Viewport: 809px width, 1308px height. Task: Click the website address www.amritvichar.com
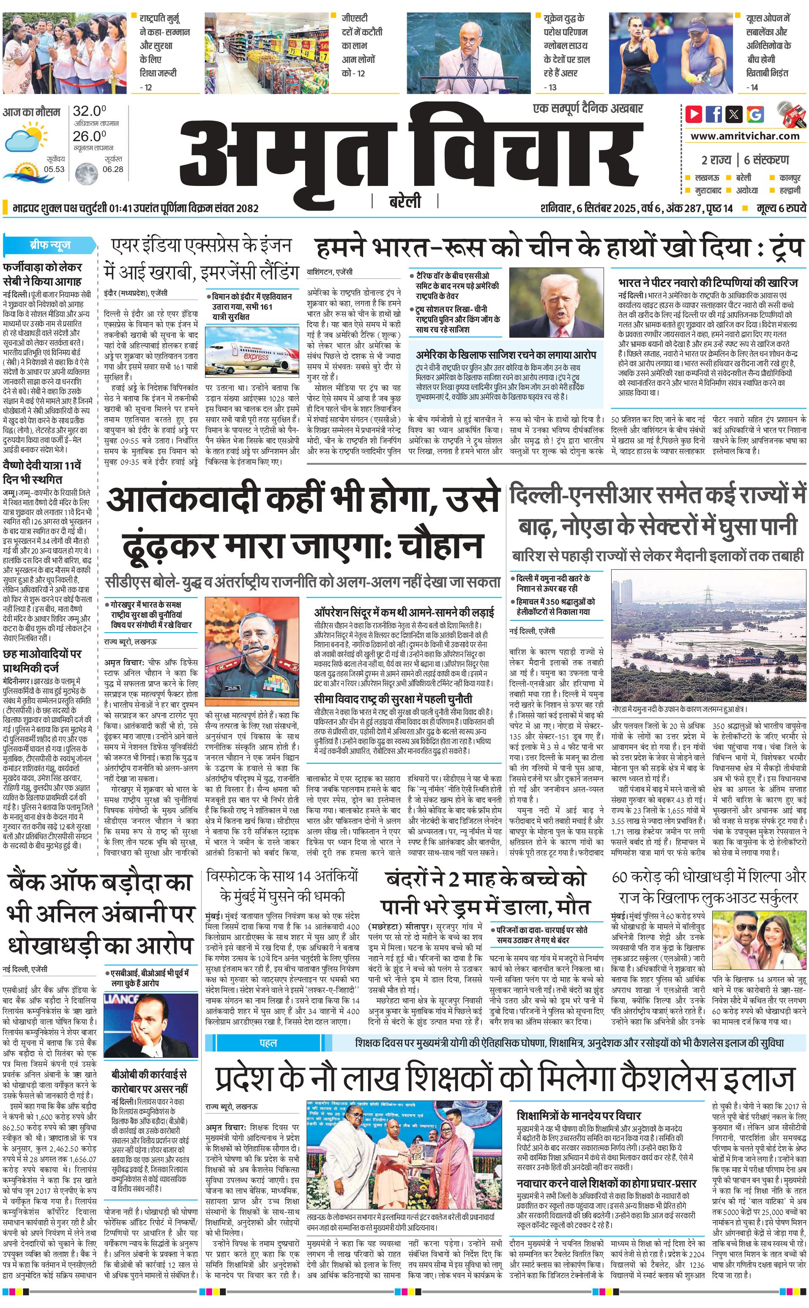tap(745, 136)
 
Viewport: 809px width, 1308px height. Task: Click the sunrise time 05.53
tap(55, 169)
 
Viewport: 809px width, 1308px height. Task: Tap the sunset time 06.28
tap(113, 169)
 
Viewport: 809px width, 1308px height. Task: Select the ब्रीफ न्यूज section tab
tap(50, 245)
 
